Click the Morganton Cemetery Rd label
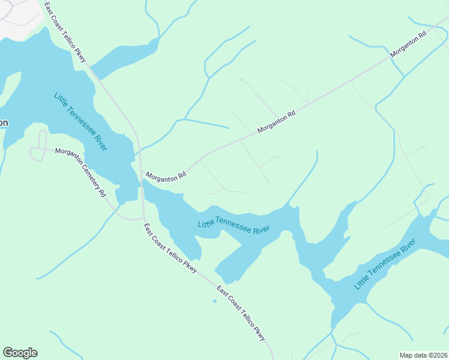pos(80,173)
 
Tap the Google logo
pos(20,353)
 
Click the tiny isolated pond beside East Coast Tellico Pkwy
pos(215,301)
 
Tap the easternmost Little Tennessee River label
pos(385,264)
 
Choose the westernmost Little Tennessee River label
pos(80,121)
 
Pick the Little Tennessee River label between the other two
pos(233,226)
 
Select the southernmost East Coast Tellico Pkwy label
pos(241,313)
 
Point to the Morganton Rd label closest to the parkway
pos(166,176)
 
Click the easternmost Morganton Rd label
pos(408,44)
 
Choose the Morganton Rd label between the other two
pos(277,121)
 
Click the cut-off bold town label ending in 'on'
pos(4,122)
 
